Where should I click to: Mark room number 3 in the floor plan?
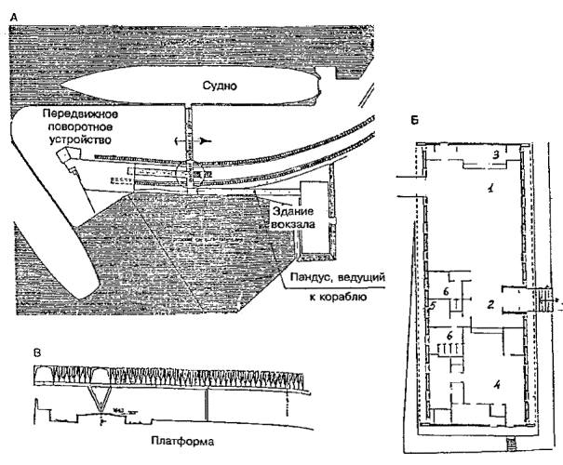497,154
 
